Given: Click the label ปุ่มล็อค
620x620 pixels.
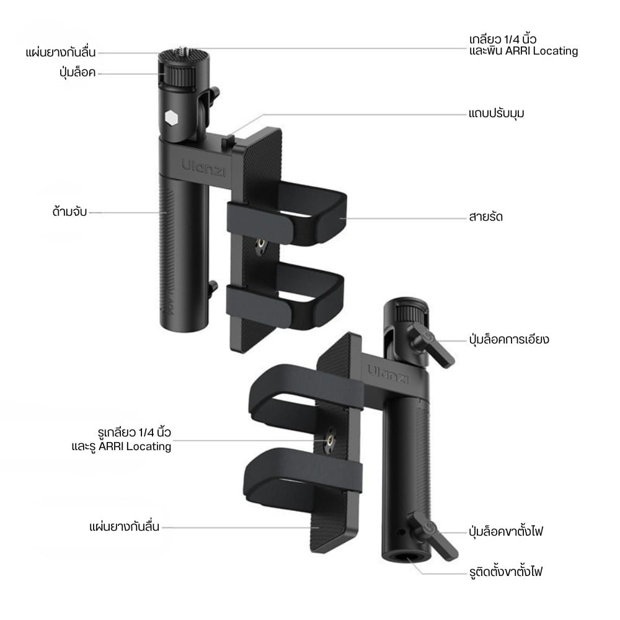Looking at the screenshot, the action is [77, 73].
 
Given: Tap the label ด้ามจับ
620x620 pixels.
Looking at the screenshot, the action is [69, 211].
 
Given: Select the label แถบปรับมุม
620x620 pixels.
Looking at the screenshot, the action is [496, 113].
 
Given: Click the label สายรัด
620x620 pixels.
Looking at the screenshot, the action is [485, 216].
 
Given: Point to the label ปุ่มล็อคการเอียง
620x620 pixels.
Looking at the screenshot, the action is [509, 339].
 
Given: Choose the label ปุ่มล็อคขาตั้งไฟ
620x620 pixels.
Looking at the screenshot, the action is [506, 531].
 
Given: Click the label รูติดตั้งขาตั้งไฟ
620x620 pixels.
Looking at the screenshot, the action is [506, 572].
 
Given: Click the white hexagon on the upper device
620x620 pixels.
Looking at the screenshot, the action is [171, 118].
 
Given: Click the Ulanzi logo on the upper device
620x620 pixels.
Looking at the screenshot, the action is [204, 168].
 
